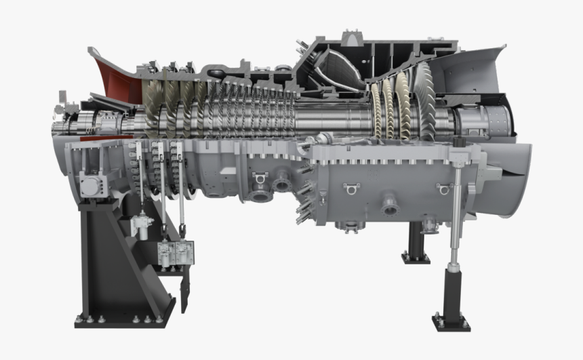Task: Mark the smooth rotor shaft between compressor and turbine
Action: tap(332, 119)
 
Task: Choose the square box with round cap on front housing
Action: tap(90, 182)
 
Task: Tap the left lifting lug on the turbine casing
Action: tap(350, 188)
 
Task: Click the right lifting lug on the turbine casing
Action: tap(444, 189)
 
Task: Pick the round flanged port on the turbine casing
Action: tap(389, 203)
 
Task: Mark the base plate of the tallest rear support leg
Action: tap(451, 321)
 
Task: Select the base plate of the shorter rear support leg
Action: tap(416, 257)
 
